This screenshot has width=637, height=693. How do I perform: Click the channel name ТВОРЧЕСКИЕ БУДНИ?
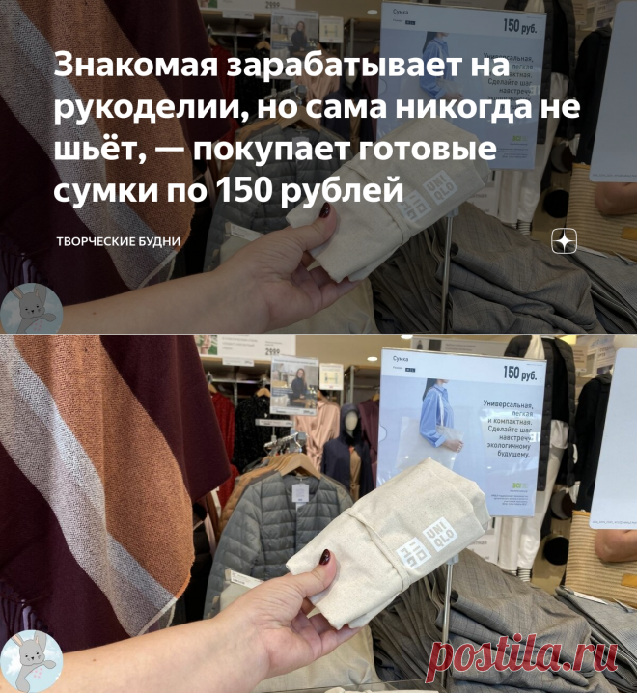point(116,238)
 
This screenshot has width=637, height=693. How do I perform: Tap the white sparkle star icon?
point(564,241)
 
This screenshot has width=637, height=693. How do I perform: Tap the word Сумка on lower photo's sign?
point(401,358)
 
